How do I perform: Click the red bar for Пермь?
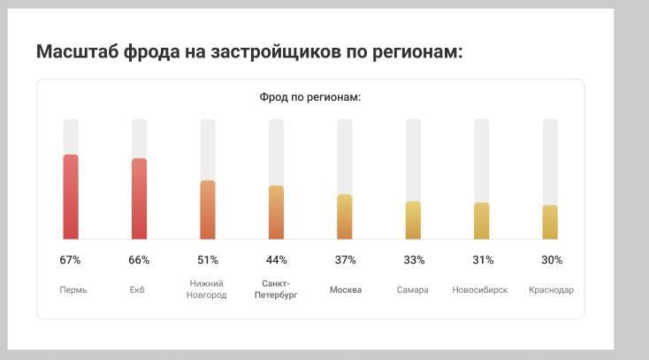coord(71,197)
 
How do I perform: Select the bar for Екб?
coord(139,199)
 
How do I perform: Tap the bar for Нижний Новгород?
coord(208,210)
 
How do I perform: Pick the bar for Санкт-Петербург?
coord(276,212)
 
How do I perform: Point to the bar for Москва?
coord(345,217)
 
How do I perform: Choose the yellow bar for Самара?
coord(413,220)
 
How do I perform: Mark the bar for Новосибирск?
coord(482,221)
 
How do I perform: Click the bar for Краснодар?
coord(550,222)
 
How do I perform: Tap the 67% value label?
coord(71,260)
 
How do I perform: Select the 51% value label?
coord(208,260)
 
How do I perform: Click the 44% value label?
coord(277,260)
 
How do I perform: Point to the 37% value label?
coord(345,260)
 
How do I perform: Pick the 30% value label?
coord(551,260)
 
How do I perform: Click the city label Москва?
coord(346,290)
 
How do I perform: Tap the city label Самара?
coord(413,290)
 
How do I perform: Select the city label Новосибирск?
coord(480,290)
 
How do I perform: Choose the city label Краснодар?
coord(551,290)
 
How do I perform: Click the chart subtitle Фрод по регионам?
coord(310,96)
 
